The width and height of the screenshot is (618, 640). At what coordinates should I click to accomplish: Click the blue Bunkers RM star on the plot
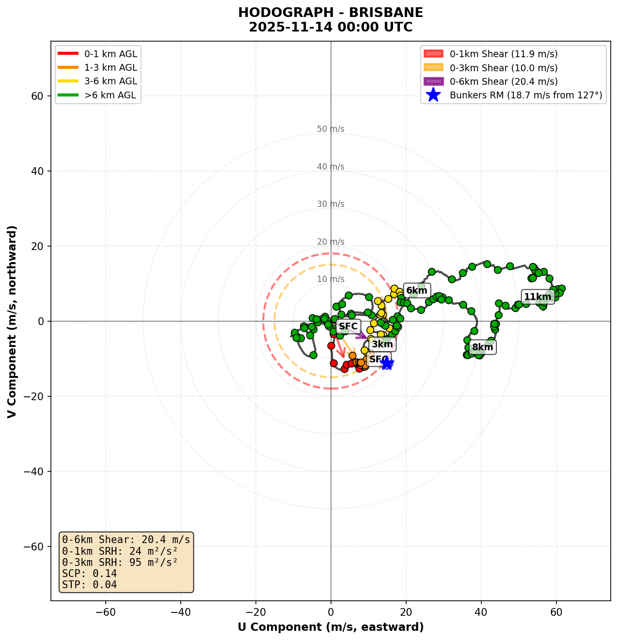tap(386, 362)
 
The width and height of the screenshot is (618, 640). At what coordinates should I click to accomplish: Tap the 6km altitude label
tap(416, 291)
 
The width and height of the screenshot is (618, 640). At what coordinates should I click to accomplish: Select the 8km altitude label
tap(482, 347)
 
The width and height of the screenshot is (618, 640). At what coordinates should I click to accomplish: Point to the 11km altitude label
tap(538, 297)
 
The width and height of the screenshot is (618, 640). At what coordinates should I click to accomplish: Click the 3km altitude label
tap(382, 344)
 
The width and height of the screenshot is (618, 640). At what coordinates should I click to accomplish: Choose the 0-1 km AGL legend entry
tap(111, 54)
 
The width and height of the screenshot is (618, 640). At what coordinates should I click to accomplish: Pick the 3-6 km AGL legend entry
tap(111, 81)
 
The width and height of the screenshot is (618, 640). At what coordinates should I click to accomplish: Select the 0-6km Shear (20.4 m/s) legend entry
tap(503, 81)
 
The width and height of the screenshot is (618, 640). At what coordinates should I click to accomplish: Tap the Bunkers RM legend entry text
tap(525, 95)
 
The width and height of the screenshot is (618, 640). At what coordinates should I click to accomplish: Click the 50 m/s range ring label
tap(331, 129)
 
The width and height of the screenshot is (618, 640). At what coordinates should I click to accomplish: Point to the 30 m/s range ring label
tap(331, 204)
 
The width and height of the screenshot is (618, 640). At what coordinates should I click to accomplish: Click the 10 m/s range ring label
tap(331, 279)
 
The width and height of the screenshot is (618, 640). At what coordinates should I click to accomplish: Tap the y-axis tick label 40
tap(37, 171)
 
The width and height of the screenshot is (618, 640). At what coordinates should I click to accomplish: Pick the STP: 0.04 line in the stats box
tap(90, 585)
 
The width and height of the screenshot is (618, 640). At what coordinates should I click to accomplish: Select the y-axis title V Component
tap(12, 321)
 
